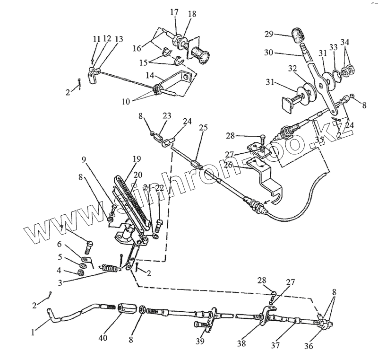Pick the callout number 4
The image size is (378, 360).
[60, 271]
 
